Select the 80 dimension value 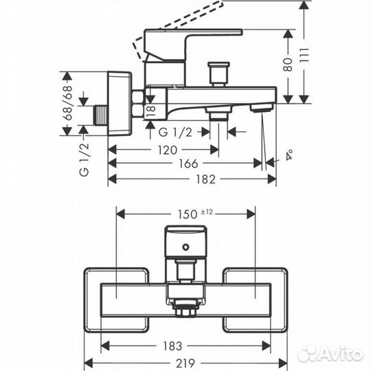(289, 64)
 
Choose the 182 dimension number (190, 179)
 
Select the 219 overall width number (187, 362)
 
